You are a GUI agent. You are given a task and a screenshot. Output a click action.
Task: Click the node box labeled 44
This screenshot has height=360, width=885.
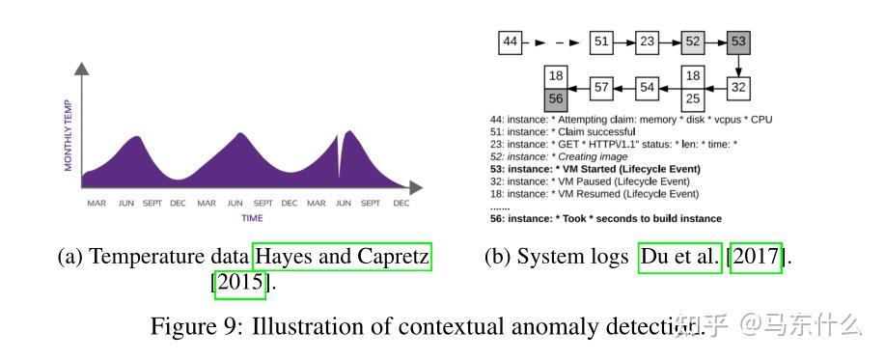pyautogui.click(x=512, y=42)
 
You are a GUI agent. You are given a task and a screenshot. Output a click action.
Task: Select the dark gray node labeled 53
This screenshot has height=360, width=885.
pyautogui.click(x=738, y=42)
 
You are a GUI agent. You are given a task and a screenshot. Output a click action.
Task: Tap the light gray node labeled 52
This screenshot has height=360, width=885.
pyautogui.click(x=692, y=42)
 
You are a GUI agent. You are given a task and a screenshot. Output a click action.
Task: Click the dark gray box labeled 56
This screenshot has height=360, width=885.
pyautogui.click(x=555, y=98)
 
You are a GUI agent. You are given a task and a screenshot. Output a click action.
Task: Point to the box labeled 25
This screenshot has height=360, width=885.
pyautogui.click(x=692, y=98)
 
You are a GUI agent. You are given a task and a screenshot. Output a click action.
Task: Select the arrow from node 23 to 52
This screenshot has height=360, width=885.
pyautogui.click(x=669, y=42)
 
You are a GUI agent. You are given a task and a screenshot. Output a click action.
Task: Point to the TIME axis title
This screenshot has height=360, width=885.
pyautogui.click(x=252, y=218)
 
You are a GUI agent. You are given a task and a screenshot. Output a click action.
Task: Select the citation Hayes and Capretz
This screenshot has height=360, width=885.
pyautogui.click(x=341, y=258)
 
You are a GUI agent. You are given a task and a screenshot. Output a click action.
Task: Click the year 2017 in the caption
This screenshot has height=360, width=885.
pyautogui.click(x=756, y=258)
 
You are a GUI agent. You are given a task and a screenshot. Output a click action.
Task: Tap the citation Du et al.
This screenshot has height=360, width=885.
pyautogui.click(x=680, y=258)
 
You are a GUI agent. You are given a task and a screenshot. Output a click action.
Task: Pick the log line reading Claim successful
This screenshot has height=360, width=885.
pyautogui.click(x=564, y=131)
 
